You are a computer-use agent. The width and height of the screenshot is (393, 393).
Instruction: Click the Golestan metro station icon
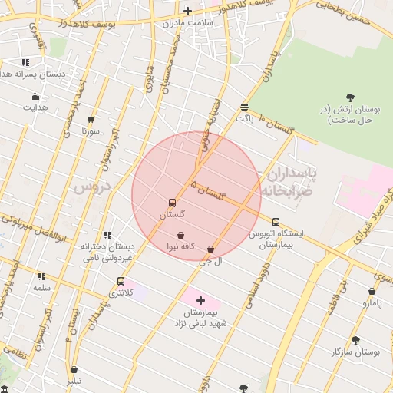coord(171,203)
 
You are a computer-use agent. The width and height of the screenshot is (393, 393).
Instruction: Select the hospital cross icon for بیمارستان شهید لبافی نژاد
coord(201,300)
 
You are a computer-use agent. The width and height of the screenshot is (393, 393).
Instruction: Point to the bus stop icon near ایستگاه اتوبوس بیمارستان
coord(276,222)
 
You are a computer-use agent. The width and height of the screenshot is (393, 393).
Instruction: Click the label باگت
coord(244,118)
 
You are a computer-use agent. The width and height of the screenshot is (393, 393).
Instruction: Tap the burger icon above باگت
coord(244,107)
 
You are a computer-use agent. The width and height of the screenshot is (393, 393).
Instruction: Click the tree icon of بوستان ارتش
coord(350,97)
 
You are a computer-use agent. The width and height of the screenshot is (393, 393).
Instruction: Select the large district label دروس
coord(93,187)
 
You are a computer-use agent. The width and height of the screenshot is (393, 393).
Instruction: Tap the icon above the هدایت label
coord(35,96)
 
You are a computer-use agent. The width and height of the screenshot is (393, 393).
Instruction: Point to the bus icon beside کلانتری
coord(121,281)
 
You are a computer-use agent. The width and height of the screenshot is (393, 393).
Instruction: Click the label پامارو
coord(372,303)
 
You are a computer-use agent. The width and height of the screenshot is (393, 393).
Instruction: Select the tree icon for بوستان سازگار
coord(355,339)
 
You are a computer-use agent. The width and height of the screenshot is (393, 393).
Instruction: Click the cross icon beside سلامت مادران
coord(187,11)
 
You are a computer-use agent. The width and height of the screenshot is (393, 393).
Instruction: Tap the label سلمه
coord(41,287)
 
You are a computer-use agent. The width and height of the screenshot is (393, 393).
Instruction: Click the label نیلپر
coord(72,380)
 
